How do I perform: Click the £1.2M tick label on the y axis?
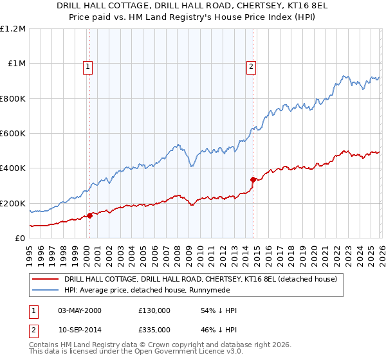(13, 29)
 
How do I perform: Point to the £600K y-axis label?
(13, 134)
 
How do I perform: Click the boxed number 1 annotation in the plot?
(87, 65)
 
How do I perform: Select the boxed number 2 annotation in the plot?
(251, 65)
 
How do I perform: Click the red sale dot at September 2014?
(253, 179)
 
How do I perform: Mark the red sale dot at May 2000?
(90, 215)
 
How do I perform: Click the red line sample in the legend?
(46, 279)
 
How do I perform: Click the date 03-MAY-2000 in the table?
(80, 310)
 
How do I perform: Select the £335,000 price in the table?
(154, 329)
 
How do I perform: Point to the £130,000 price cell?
(154, 310)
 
